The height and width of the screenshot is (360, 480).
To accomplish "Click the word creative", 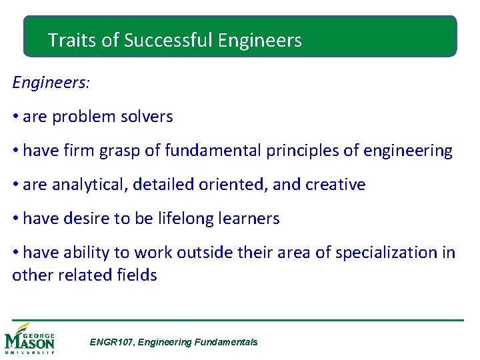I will (335, 185).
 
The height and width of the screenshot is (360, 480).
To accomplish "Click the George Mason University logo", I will (30, 339).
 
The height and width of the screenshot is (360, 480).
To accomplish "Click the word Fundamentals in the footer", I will (225, 342).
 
